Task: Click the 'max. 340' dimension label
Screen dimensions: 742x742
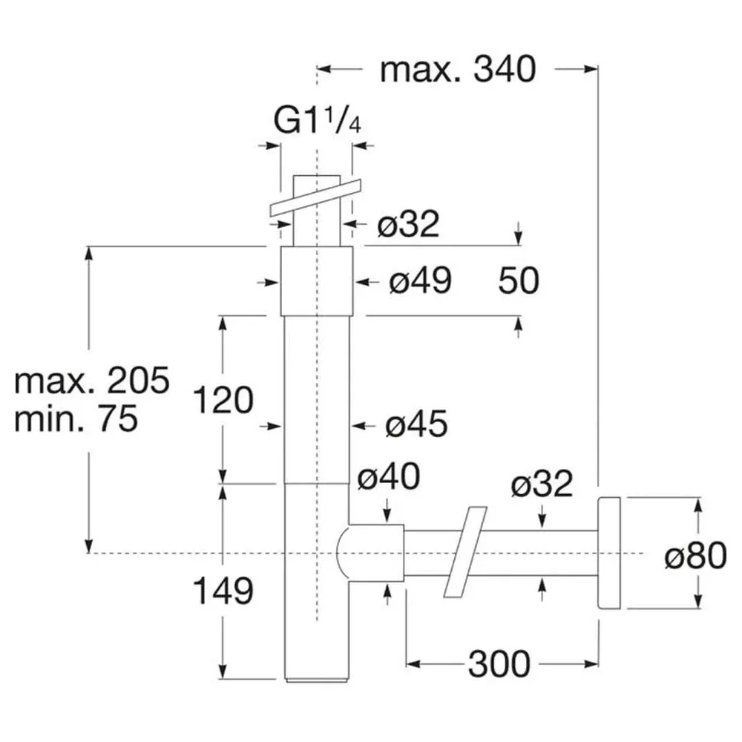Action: pos(458,70)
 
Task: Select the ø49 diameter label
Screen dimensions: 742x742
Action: pos(420,281)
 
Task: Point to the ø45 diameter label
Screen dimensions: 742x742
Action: pos(416,424)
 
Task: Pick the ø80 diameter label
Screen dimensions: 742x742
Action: pos(695,556)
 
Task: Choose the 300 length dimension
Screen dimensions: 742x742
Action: pos(499,664)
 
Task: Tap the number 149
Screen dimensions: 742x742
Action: pos(223,591)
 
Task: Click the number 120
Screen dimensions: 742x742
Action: pos(223,401)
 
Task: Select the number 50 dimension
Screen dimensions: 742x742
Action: pos(519,281)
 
